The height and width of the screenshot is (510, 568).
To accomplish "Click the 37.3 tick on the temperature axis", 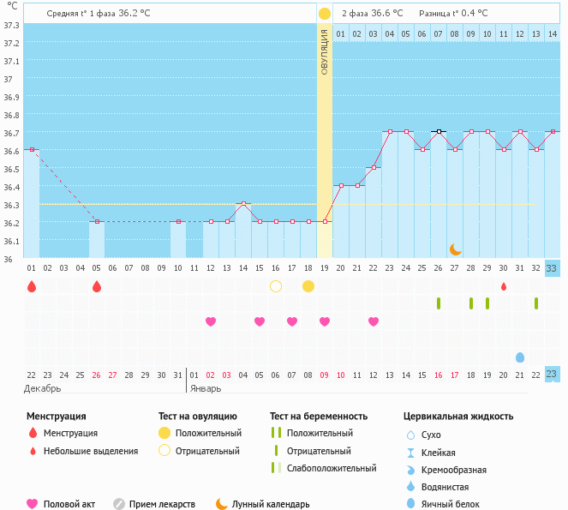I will click(12, 25).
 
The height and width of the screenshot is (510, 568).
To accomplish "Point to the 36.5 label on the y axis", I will click(12, 169).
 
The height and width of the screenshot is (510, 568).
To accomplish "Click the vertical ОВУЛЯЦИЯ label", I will click(325, 51).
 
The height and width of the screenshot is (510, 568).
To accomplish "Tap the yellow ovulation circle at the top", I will click(325, 14).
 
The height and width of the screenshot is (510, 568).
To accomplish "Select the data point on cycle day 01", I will click(32, 149).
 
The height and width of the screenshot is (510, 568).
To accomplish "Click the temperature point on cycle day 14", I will click(243, 203).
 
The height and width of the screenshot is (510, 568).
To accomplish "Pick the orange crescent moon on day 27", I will click(456, 249).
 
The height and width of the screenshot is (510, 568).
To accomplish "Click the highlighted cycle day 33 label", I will click(552, 267).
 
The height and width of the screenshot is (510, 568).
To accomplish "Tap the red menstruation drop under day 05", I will click(97, 285).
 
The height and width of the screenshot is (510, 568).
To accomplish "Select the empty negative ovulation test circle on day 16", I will click(276, 285).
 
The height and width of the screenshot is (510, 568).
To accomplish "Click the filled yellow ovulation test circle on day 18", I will click(308, 285).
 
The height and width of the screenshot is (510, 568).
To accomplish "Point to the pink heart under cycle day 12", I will click(211, 321).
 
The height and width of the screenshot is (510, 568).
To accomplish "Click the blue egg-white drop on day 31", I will click(520, 357).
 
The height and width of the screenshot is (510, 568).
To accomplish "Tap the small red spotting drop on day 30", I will click(504, 285).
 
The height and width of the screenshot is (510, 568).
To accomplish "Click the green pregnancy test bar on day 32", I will click(536, 303).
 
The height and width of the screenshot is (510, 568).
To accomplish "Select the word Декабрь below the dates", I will click(43, 388).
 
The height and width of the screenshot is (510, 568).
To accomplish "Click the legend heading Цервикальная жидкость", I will click(458, 416).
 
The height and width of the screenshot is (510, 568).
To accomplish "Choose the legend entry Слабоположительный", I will click(332, 468).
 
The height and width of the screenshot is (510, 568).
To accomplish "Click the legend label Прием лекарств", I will click(162, 504).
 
